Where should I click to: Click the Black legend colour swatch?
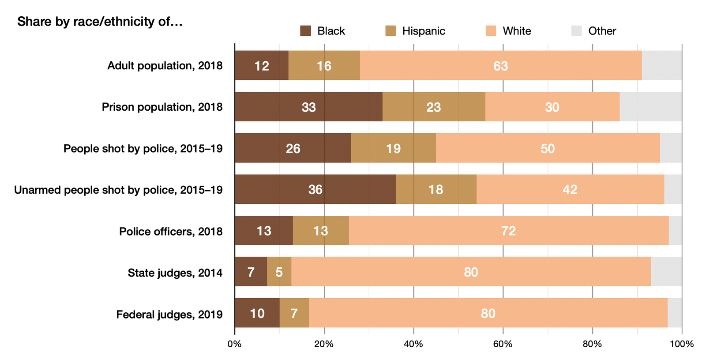pyautogui.click(x=305, y=31)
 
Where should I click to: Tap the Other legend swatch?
pyautogui.click(x=576, y=31)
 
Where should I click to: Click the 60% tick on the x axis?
pyautogui.click(x=503, y=344)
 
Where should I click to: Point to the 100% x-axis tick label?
pyautogui.click(x=681, y=344)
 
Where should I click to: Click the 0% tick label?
pyautogui.click(x=234, y=344)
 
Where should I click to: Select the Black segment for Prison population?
pyautogui.click(x=308, y=107)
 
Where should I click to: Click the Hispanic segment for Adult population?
pyautogui.click(x=324, y=65)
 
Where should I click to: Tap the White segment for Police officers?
pyautogui.click(x=508, y=230)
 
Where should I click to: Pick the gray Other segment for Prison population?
pyautogui.click(x=650, y=107)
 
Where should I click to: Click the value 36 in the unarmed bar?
pyautogui.click(x=315, y=190)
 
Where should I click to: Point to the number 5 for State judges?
pyautogui.click(x=279, y=272)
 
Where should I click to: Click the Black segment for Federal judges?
pyautogui.click(x=257, y=313)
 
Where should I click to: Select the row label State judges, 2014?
pyautogui.click(x=175, y=273)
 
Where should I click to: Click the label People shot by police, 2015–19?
pyautogui.click(x=143, y=148)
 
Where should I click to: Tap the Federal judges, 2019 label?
pyautogui.click(x=169, y=314)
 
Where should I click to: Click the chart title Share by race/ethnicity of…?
pyautogui.click(x=100, y=21)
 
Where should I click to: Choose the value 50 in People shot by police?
pyautogui.click(x=547, y=148)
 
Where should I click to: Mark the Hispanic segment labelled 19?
pyautogui.click(x=393, y=148)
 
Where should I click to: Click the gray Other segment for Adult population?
pyautogui.click(x=661, y=65)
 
